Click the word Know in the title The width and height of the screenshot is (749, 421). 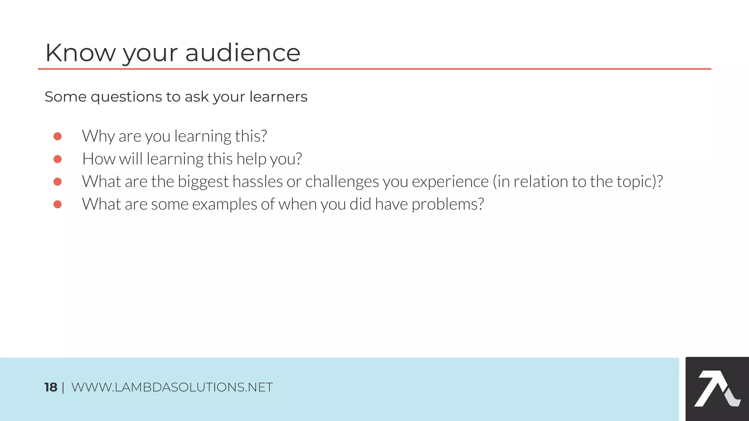click(80, 53)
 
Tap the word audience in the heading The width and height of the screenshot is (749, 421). click(243, 53)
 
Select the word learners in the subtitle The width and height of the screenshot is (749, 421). click(278, 97)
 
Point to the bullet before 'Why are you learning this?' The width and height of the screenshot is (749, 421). click(57, 136)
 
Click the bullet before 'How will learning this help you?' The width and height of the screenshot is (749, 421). click(57, 159)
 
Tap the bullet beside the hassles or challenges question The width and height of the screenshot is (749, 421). click(57, 182)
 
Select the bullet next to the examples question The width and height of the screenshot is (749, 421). click(57, 204)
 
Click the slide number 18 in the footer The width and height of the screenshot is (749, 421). click(51, 387)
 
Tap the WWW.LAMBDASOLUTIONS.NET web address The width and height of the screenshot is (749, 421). click(172, 387)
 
